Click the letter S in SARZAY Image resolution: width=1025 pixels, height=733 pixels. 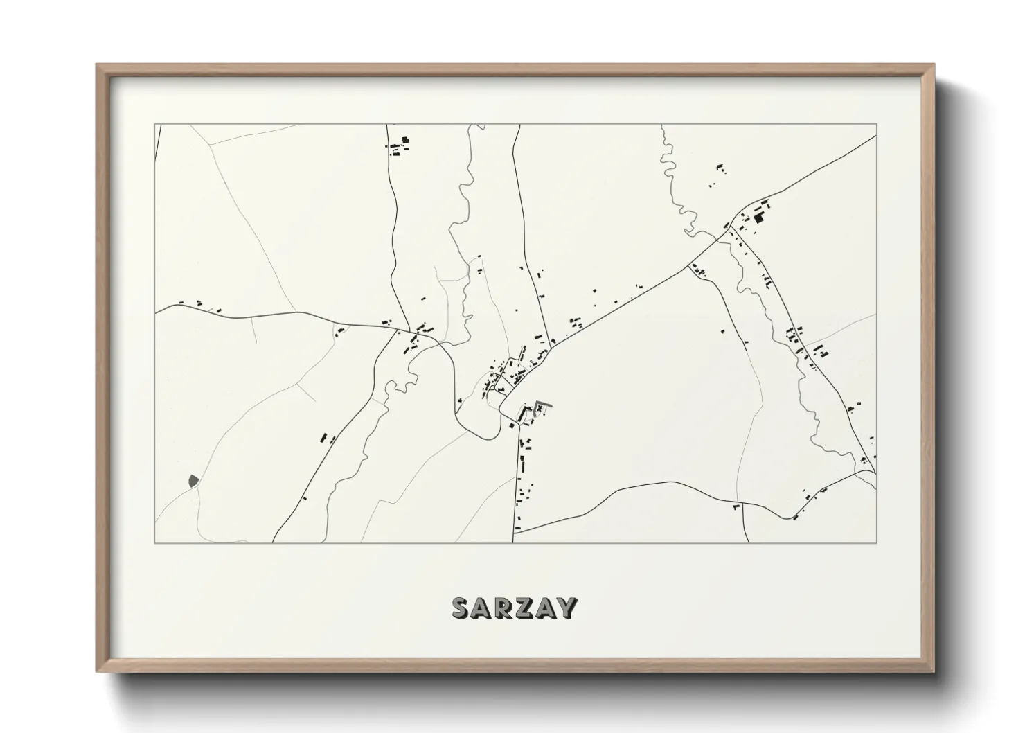[461, 608]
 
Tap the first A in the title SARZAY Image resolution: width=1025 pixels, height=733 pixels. [484, 608]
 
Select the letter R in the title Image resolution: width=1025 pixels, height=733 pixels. [507, 608]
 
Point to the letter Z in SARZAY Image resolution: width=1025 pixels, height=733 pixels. [528, 608]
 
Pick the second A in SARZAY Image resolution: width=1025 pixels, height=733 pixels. [548, 608]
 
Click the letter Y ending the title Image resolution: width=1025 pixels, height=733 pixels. [568, 608]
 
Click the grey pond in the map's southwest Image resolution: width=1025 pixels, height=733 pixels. [193, 479]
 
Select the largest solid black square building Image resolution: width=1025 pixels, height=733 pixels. [758, 218]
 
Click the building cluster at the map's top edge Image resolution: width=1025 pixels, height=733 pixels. [398, 145]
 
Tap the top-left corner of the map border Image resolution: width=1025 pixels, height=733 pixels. [154, 125]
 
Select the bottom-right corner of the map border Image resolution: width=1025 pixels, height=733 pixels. [877, 543]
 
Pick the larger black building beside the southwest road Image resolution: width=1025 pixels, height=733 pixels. [323, 437]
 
